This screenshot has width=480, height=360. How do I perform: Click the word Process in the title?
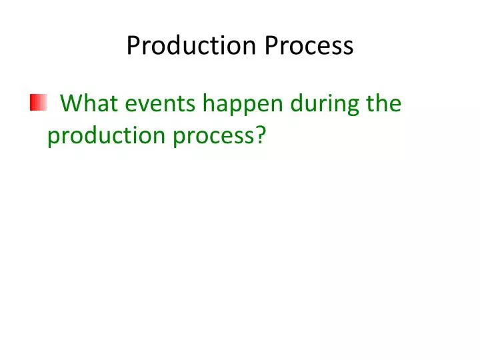coord(309,46)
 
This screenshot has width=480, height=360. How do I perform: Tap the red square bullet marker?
coord(37,103)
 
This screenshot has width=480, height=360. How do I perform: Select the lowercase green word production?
coord(97,136)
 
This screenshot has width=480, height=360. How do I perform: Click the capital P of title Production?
coord(133,46)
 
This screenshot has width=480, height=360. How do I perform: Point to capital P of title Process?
coord(271,46)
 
